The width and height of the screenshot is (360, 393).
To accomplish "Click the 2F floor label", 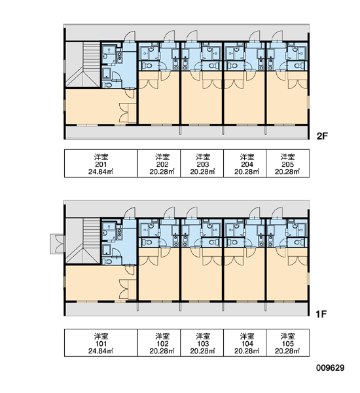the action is (x=322, y=136).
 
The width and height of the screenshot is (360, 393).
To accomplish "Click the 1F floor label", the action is (x=321, y=314).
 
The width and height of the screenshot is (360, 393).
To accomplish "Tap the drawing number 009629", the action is (x=330, y=368).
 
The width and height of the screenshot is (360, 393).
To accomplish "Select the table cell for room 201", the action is (x=101, y=163).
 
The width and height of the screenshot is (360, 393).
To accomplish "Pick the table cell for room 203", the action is (x=202, y=163).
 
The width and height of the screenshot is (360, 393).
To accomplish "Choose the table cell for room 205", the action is (x=288, y=163).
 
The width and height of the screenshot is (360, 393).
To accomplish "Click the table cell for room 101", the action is (x=101, y=343).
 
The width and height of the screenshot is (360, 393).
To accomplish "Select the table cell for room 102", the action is (x=159, y=343).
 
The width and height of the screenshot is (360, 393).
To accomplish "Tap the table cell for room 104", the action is (x=245, y=343).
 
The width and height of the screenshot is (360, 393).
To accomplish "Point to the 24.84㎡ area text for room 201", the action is (x=101, y=172).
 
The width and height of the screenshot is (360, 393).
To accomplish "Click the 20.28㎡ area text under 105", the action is (x=287, y=351).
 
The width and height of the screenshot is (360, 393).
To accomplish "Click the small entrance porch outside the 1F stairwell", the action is (x=57, y=244).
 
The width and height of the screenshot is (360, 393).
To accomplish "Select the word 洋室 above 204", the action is (x=247, y=157).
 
